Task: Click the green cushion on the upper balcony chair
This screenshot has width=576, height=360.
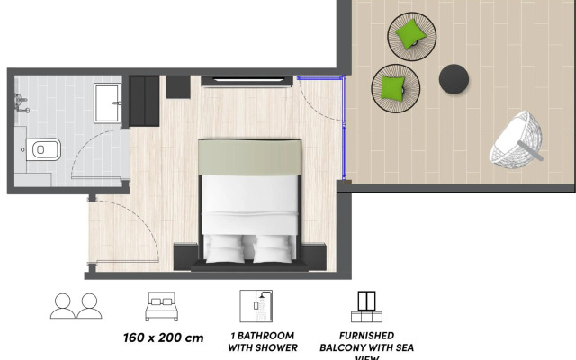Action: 411,35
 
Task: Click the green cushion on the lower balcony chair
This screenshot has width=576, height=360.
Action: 394,86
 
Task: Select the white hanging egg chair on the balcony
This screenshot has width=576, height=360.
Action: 517,139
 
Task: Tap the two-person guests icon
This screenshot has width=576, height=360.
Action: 75,306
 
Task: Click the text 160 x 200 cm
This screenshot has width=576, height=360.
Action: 163,338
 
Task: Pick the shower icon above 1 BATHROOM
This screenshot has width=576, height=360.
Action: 256,307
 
